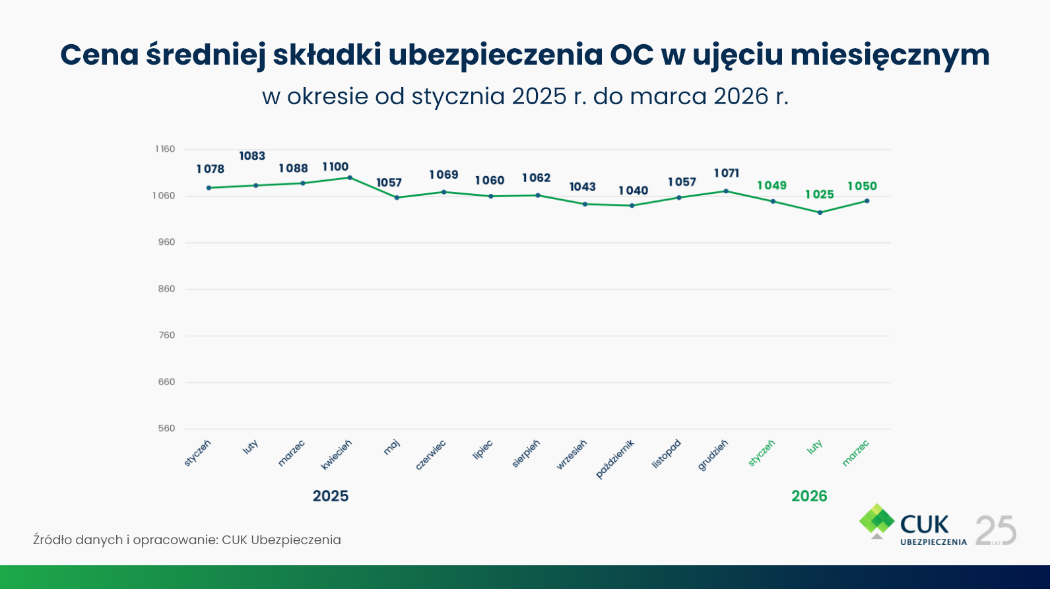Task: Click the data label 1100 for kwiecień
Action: pos(335,167)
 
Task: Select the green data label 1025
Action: pos(820,195)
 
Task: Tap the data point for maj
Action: pos(397,198)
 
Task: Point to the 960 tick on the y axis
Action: pos(166,242)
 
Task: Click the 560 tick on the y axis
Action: pos(166,429)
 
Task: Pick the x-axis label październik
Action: pos(614,458)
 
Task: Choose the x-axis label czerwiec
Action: pos(431,455)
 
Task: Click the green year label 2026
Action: pos(809,496)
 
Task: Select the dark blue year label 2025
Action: pos(331,496)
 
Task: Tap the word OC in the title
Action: pos(632,55)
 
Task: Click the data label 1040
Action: pos(633,191)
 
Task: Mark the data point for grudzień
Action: pos(726,191)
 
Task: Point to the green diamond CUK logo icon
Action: pos(876,520)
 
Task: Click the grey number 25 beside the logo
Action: pos(996,530)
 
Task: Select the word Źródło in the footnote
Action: pos(53,540)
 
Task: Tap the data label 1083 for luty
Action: pos(252,156)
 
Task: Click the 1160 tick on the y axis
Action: pos(165,149)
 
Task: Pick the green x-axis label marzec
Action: pos(856,454)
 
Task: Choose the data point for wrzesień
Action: pos(585,204)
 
